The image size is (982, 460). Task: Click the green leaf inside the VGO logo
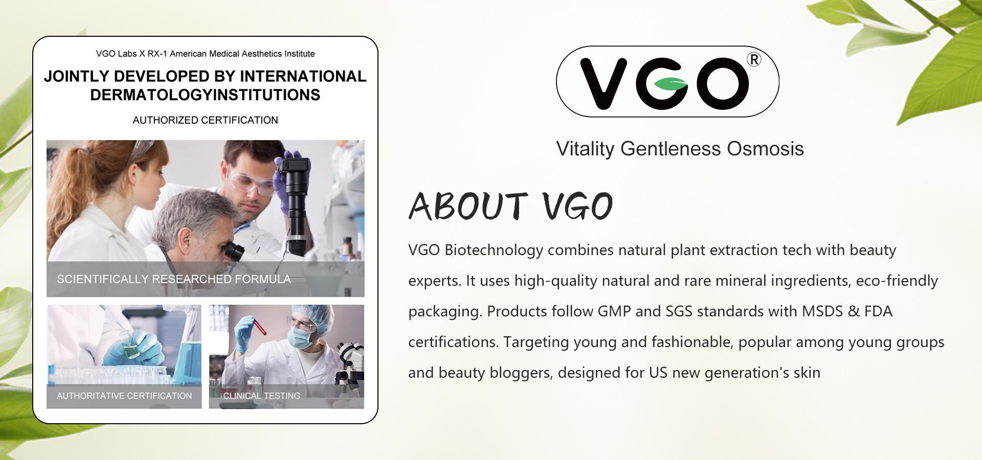coord(670,84)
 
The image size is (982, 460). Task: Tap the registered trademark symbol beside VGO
coord(754,60)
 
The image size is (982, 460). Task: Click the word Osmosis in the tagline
coord(765,149)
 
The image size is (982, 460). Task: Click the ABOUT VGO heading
coord(510,206)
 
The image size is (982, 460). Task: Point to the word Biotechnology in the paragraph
coord(494,250)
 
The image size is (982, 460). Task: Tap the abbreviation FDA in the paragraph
coord(878,311)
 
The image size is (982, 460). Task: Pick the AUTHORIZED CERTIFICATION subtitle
coord(205,120)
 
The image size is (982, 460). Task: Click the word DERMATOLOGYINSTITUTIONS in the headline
coord(205,95)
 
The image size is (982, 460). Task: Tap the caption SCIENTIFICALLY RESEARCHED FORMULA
coord(174,279)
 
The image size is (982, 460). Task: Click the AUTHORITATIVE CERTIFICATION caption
coord(124,396)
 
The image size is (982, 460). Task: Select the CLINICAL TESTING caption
coord(261,396)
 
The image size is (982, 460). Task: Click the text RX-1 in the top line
coord(158,54)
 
